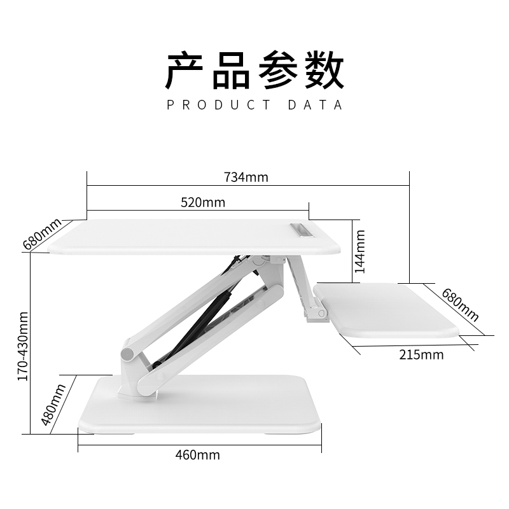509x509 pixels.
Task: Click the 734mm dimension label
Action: (246, 178)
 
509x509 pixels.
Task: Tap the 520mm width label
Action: (203, 202)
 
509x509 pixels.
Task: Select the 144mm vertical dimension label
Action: (359, 251)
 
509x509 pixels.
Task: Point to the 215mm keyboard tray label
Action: (421, 355)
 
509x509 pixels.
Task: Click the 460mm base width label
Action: (198, 455)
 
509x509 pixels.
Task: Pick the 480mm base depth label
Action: (53, 405)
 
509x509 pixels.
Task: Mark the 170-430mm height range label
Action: (23, 346)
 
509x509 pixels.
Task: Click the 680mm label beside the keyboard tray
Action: (460, 305)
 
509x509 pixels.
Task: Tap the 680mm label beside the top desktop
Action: (42, 234)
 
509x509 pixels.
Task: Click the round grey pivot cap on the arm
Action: (129, 354)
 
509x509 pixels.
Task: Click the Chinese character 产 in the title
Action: (184, 70)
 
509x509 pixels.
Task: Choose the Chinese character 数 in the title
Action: (324, 70)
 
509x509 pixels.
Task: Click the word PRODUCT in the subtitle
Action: (219, 105)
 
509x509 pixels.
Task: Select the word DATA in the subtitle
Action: (315, 105)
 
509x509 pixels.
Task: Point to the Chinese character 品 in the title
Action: (231, 70)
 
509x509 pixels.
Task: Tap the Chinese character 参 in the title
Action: (278, 70)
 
